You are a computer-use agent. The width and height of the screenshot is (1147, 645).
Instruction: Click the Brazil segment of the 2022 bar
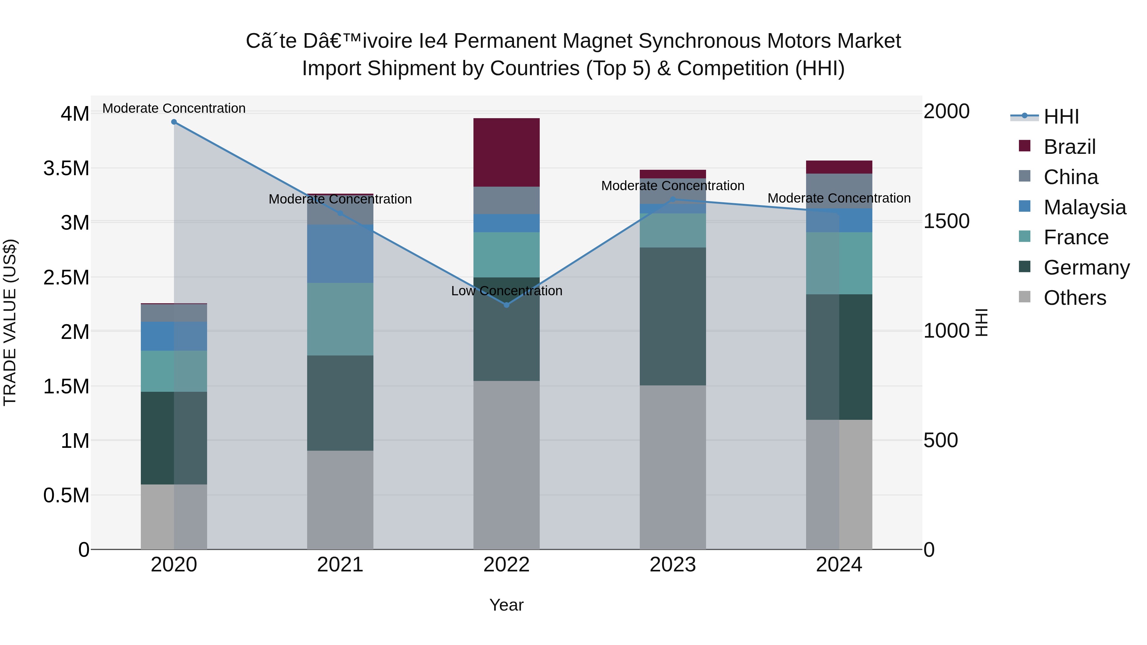[506, 152]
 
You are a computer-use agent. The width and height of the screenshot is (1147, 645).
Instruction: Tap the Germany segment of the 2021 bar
[340, 403]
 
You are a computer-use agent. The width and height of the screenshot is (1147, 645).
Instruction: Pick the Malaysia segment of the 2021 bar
[340, 254]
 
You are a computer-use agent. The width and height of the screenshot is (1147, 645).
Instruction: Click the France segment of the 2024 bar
[839, 263]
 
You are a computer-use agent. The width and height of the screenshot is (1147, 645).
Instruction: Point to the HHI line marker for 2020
[174, 122]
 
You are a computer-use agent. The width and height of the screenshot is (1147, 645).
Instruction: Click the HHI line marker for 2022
[506, 305]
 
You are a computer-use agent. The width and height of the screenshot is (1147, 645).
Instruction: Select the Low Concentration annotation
[506, 291]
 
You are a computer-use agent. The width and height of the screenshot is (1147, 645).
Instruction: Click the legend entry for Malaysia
[1085, 207]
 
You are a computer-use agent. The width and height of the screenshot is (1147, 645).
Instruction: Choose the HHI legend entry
[1061, 117]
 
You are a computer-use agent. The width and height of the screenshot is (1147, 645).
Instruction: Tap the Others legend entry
[1074, 298]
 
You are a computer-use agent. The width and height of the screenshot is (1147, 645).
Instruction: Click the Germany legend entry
[1086, 268]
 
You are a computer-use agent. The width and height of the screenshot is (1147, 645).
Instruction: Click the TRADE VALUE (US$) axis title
[10, 322]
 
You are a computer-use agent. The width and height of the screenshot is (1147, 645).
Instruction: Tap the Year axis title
[506, 605]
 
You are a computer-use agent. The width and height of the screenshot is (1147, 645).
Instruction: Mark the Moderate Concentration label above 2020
[174, 108]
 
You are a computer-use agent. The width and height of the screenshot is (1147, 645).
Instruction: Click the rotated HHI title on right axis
[981, 322]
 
